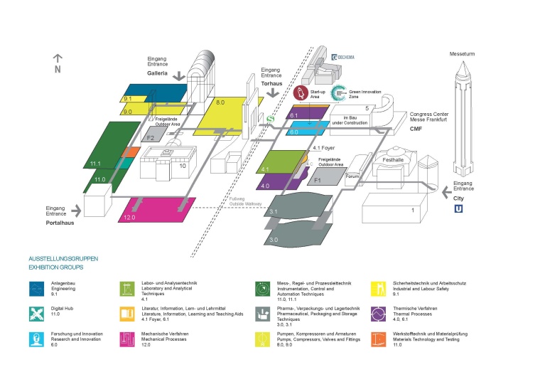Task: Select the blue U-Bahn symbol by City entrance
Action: pyautogui.click(x=458, y=210)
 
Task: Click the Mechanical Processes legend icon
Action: pyautogui.click(x=129, y=338)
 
